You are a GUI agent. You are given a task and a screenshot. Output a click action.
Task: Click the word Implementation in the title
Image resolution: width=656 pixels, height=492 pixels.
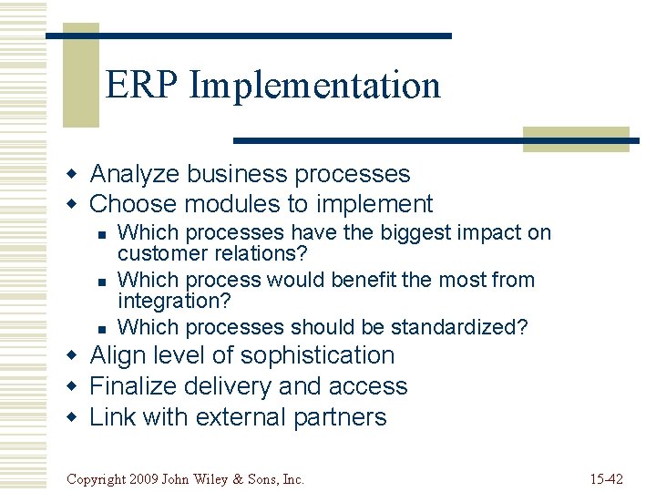click(314, 86)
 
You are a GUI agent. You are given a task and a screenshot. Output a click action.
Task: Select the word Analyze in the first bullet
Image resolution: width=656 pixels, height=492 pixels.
click(133, 174)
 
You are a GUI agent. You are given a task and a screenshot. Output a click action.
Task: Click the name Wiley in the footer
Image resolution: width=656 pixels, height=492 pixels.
click(216, 478)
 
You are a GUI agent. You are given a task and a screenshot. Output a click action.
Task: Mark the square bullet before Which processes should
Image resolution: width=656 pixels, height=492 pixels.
click(102, 328)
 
